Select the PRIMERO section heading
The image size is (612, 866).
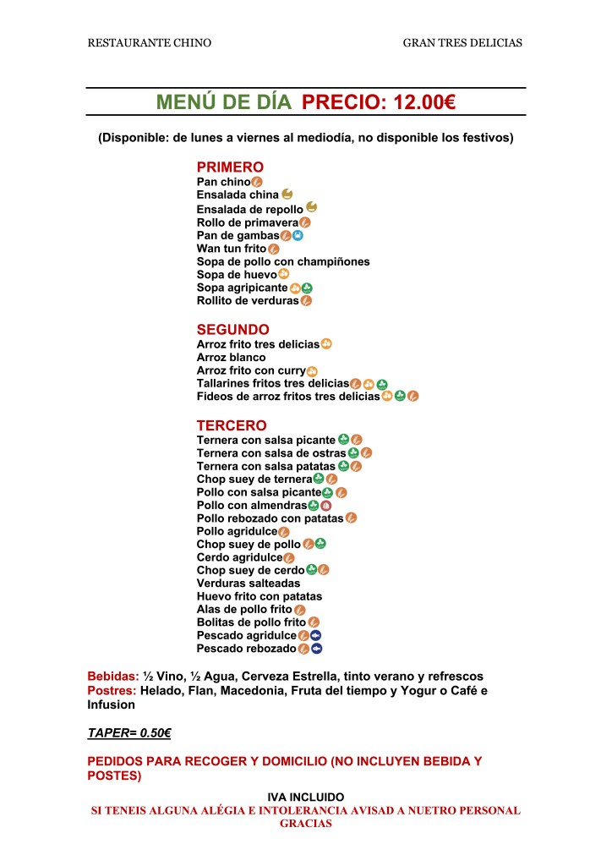[230, 167]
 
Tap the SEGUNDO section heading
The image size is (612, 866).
[233, 330]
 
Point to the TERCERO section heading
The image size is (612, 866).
[232, 425]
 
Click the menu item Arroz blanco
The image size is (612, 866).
[231, 358]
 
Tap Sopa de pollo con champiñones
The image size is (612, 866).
[283, 262]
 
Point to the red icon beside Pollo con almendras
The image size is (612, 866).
[325, 506]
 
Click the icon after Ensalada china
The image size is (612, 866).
[287, 194]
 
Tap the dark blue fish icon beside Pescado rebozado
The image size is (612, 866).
[317, 649]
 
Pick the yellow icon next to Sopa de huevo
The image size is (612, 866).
[284, 274]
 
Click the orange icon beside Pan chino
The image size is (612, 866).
[257, 182]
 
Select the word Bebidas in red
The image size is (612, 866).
[113, 677]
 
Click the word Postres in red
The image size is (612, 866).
[112, 691]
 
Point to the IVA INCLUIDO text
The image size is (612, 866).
[305, 797]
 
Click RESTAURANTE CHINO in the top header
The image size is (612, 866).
[150, 42]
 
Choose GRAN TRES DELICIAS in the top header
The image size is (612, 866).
[462, 42]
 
